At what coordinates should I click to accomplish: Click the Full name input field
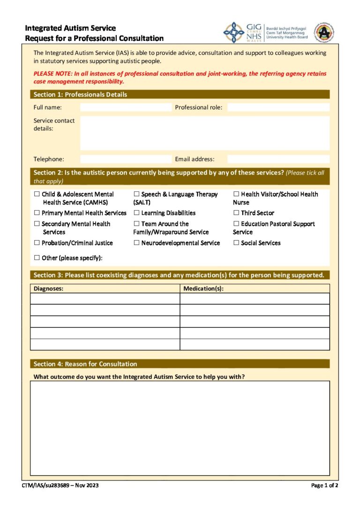[x=126, y=107]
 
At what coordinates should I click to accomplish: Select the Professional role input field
[x=278, y=107]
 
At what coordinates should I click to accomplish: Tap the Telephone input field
[x=126, y=159]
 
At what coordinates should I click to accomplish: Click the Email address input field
[x=278, y=159]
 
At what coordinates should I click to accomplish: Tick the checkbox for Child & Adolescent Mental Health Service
[x=37, y=194]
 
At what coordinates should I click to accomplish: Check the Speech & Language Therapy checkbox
[x=137, y=194]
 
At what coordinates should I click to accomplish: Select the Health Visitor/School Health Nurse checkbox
[x=236, y=194]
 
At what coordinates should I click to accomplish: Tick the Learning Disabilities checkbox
[x=137, y=213]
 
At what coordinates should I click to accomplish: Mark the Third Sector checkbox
[x=236, y=213]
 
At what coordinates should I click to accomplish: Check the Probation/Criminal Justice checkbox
[x=37, y=243]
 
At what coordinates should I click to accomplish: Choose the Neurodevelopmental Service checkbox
[x=137, y=243]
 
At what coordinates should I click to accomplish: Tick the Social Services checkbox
[x=236, y=243]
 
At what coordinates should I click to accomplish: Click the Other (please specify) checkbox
[x=37, y=258]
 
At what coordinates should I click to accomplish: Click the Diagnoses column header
[x=49, y=289]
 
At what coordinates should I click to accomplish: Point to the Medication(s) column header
[x=203, y=289]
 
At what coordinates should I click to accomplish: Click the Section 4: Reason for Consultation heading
[x=85, y=364]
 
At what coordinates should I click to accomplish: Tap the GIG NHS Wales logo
[x=243, y=32]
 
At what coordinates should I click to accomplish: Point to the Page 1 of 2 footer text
[x=325, y=485]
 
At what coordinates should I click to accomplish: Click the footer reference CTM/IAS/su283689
[x=60, y=485]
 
